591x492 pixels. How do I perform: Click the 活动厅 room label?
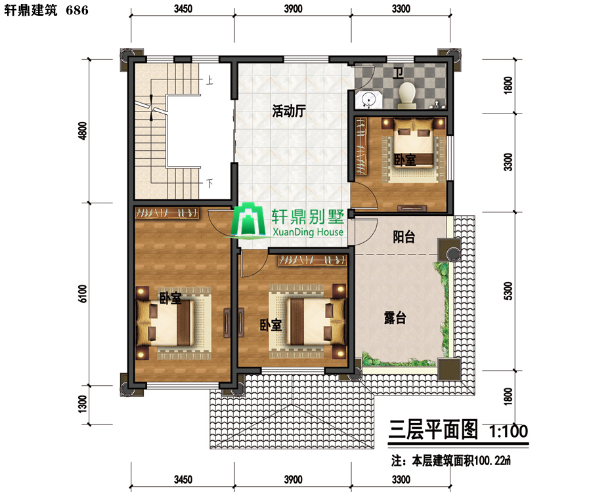coord(289,111)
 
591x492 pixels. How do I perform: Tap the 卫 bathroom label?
coord(398,73)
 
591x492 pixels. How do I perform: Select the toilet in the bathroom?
coord(407,93)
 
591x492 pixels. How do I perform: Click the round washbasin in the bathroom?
coord(368,100)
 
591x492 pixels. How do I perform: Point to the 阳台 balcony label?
coord(404,237)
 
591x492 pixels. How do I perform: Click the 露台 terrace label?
coord(395,318)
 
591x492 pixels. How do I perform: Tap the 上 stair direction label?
coord(209,80)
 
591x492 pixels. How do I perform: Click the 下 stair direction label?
coord(209,183)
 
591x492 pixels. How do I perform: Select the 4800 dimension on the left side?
coord(82,131)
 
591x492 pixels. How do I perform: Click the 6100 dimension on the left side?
coord(82,294)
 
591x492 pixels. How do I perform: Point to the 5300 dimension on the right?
coord(508,291)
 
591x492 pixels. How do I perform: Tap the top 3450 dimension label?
coord(183,9)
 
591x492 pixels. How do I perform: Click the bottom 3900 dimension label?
coord(293,479)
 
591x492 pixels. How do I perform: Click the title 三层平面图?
coord(433,430)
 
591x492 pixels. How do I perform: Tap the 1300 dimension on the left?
coord(82,403)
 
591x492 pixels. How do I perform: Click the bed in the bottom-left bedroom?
coord(165,322)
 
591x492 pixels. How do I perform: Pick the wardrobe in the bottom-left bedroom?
coord(167,213)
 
